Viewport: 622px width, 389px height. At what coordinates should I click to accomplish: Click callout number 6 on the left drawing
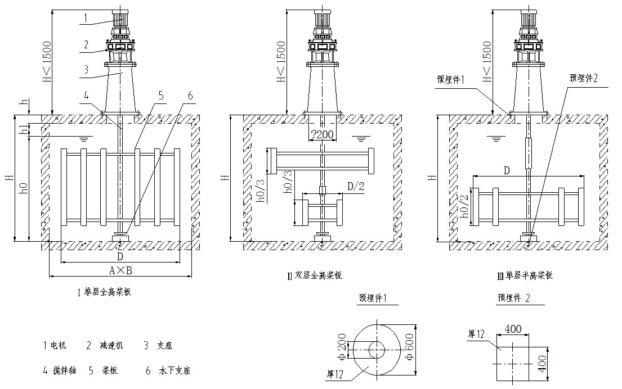(x=190, y=96)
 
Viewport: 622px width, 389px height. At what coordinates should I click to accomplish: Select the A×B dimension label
(x=120, y=270)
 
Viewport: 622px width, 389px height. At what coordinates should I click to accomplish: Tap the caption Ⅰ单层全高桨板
(x=104, y=292)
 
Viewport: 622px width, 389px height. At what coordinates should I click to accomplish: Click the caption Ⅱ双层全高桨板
(x=315, y=275)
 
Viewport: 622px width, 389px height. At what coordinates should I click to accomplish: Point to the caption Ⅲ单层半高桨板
(x=525, y=275)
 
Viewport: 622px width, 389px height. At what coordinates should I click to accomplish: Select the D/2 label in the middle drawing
(x=355, y=186)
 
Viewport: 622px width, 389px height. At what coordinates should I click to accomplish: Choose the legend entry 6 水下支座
(x=168, y=371)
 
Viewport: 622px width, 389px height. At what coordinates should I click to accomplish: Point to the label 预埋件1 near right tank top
(x=454, y=79)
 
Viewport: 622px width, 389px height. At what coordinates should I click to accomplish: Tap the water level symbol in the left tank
(x=85, y=138)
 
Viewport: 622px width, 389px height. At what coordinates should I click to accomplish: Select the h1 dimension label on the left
(x=23, y=129)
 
